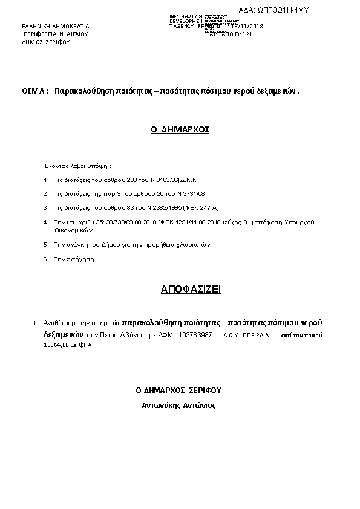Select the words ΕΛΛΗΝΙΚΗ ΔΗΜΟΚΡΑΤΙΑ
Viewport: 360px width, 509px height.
click(55, 27)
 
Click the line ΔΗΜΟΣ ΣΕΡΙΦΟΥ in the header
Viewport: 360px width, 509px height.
click(46, 43)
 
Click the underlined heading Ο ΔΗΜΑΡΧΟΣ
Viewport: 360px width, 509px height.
click(180, 129)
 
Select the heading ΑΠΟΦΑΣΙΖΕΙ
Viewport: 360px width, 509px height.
click(191, 290)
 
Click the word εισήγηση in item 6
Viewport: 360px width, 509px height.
click(82, 259)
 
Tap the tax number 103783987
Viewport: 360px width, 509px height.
click(195, 334)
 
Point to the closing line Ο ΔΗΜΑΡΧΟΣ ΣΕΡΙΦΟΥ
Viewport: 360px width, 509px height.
click(179, 391)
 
